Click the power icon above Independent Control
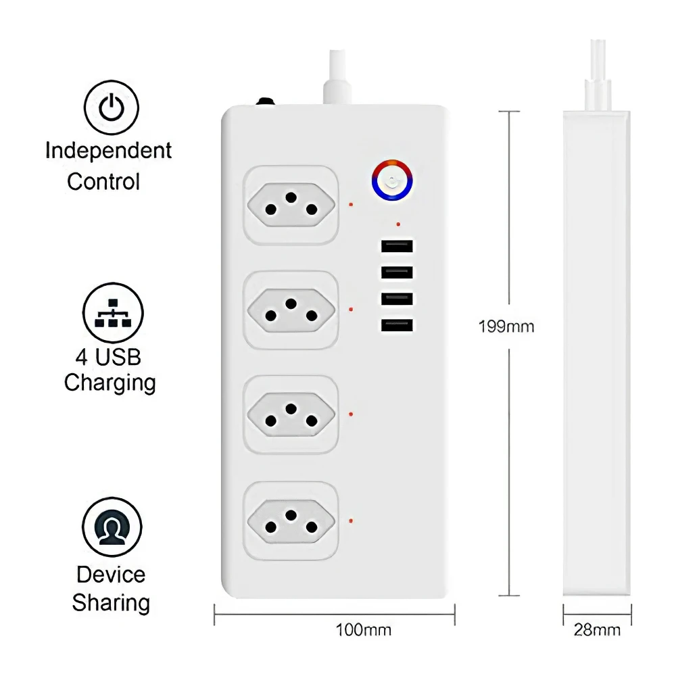pos(111,107)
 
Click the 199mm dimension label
pos(506,327)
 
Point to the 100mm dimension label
pos(364,631)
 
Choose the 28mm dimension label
pos(597,631)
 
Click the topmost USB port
pos(397,247)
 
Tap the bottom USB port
pos(397,326)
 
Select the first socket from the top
pos(291,205)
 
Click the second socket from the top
pos(291,310)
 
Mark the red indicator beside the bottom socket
pos(350,520)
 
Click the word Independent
pos(109,151)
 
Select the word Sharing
pos(111,602)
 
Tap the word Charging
pos(110,383)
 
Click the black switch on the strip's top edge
pos(265,103)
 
